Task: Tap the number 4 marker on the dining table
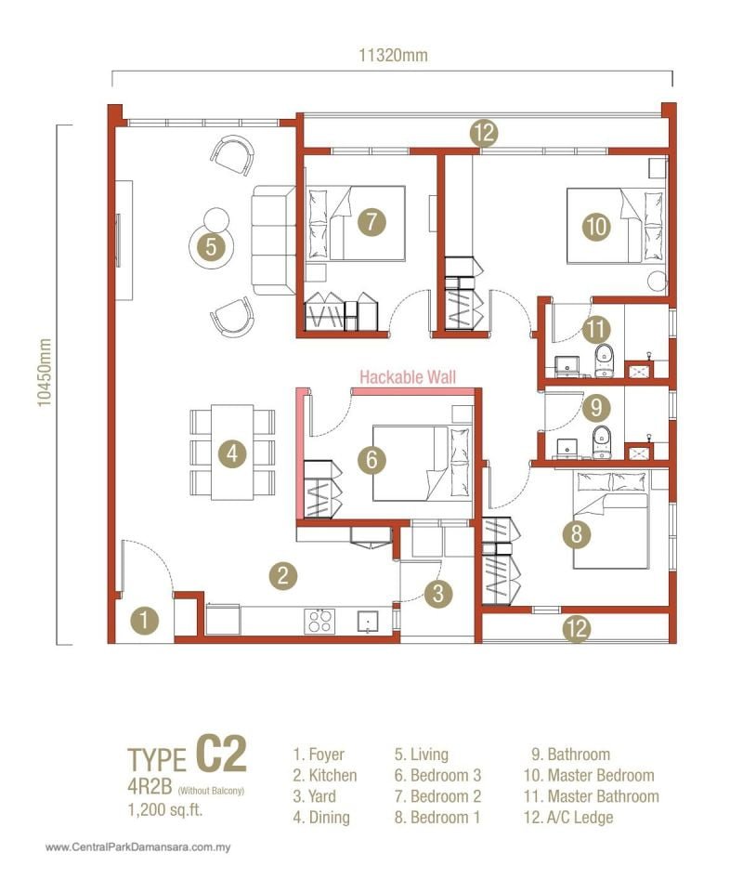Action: click(x=232, y=453)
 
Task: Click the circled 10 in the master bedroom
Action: click(x=597, y=226)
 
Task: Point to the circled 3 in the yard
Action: click(x=440, y=591)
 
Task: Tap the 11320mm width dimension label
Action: click(x=394, y=55)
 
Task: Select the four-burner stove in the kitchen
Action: click(x=319, y=620)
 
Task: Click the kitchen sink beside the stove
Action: click(x=370, y=621)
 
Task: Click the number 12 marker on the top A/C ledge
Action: click(x=483, y=134)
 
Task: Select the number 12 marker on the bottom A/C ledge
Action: click(x=577, y=629)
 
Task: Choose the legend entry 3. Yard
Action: click(x=315, y=796)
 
